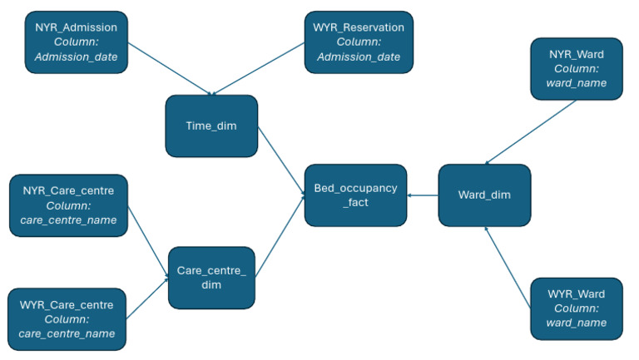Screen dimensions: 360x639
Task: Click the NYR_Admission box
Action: coord(76,42)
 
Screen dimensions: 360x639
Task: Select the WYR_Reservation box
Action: coord(359,42)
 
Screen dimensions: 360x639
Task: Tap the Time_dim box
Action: coord(211,126)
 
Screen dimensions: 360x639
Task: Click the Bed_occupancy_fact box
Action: coord(355,195)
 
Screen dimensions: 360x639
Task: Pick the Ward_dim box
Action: coord(483,195)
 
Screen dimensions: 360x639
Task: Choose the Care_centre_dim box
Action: coord(211,277)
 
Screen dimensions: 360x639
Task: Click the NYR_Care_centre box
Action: coord(67,205)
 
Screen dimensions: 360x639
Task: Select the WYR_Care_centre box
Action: coord(66,319)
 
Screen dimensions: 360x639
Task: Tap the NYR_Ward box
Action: coord(576,68)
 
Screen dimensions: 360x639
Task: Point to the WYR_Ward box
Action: coord(576,308)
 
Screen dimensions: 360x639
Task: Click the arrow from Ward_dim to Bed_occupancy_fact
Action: coord(423,196)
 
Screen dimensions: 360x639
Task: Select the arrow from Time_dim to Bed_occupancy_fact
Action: coord(281,161)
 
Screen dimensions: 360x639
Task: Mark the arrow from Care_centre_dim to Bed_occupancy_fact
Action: coord(280,236)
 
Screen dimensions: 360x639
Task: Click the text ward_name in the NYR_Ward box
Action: coord(576,83)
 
